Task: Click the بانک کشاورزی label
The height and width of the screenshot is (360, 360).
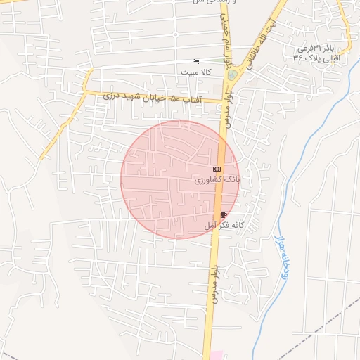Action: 218,181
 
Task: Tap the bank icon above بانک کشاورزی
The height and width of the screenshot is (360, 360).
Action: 217,169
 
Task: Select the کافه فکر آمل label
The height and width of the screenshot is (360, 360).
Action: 224,226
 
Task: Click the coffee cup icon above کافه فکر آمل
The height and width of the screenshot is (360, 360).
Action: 224,214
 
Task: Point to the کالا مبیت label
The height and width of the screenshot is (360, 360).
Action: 194,72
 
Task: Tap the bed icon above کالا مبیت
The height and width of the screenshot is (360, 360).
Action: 195,62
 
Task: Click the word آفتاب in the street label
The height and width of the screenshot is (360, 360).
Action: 192,101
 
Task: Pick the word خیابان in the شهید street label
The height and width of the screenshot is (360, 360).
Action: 154,98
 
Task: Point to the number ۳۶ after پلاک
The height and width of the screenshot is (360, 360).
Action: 297,57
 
